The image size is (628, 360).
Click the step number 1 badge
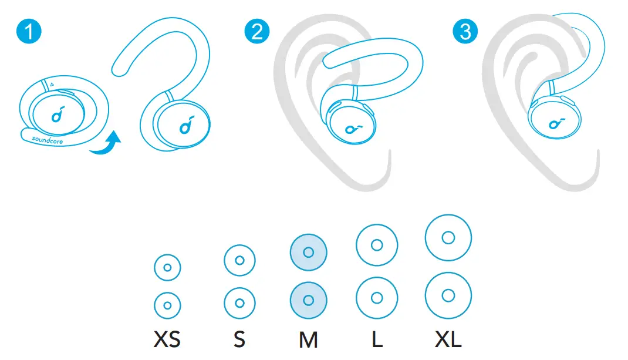tap(29, 31)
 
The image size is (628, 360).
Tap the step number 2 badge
tap(257, 31)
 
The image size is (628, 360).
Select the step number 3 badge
tap(465, 31)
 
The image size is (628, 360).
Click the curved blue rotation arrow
tap(106, 144)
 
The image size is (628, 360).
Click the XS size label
tap(167, 340)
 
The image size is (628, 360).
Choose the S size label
tap(239, 340)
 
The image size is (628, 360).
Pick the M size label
tap(308, 340)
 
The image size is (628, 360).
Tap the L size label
tap(377, 340)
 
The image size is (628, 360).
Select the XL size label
tap(447, 340)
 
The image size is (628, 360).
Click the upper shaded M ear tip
tap(308, 253)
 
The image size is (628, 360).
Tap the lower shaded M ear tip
tap(308, 300)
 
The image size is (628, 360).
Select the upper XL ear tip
tap(448, 238)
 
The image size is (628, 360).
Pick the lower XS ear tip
tap(167, 305)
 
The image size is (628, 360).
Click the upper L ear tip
tap(377, 244)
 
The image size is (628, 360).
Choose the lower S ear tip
tap(239, 303)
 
